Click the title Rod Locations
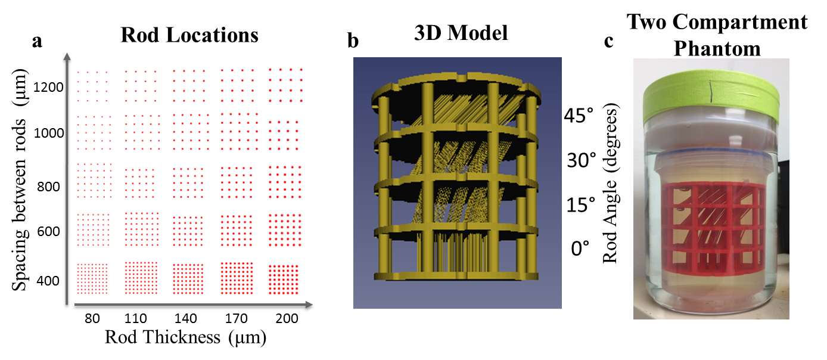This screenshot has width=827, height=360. (x=189, y=35)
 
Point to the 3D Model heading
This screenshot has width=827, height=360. (x=461, y=33)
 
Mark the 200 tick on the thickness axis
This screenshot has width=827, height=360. (x=287, y=319)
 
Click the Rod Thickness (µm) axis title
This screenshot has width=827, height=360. (x=185, y=338)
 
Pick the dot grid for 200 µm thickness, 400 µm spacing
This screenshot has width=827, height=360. (x=283, y=279)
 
